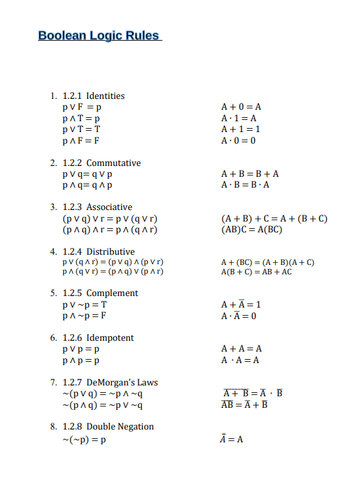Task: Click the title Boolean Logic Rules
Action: click(99, 35)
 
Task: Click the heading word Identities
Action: click(105, 96)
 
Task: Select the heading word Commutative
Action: click(113, 163)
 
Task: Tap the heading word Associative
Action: click(109, 207)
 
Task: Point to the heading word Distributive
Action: click(111, 251)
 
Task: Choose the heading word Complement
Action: click(112, 293)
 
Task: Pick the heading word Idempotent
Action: click(110, 337)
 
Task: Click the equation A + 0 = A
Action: click(241, 106)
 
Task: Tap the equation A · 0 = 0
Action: click(239, 140)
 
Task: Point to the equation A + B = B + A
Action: click(250, 173)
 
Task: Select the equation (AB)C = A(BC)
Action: click(252, 229)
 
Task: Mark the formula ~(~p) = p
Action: click(84, 439)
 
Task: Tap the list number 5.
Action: click(53, 293)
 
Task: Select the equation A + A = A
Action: click(241, 349)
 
